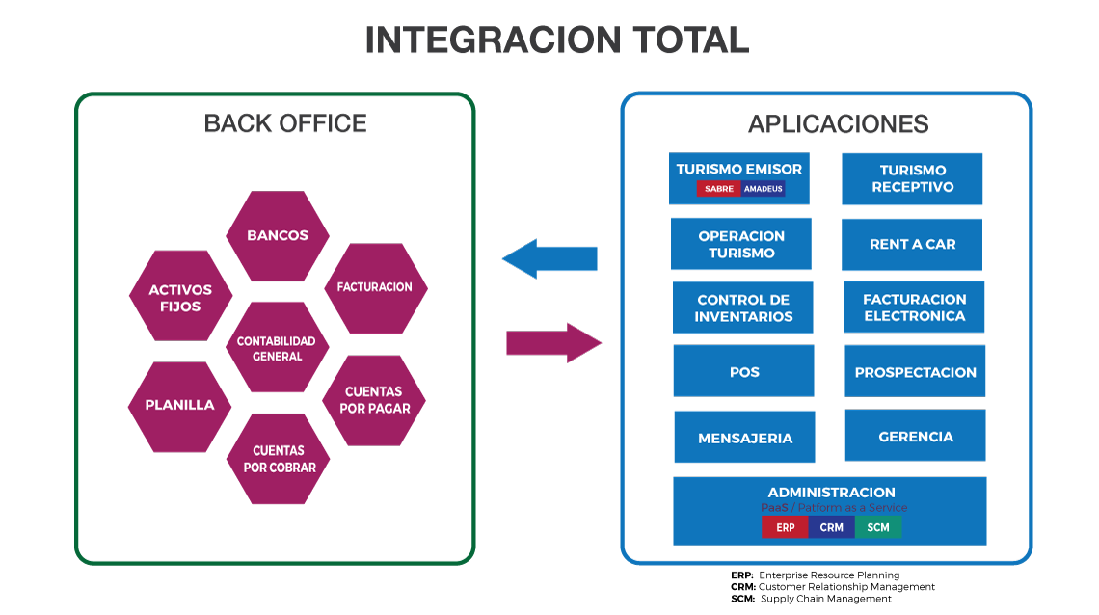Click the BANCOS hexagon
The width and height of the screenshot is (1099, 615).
click(x=278, y=236)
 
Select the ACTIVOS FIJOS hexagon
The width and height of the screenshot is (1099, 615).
click(x=181, y=296)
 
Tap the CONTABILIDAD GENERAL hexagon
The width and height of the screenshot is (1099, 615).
click(x=278, y=347)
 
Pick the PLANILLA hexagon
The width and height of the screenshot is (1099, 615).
click(x=180, y=407)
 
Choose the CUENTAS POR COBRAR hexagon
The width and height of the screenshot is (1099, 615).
click(x=279, y=459)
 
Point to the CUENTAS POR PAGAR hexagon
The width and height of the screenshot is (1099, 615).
click(x=374, y=401)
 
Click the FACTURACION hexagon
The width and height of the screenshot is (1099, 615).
click(x=376, y=288)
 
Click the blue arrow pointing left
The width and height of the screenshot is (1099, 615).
click(x=549, y=258)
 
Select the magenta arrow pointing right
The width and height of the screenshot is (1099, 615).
click(x=553, y=343)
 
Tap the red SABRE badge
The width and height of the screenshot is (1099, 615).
click(x=718, y=188)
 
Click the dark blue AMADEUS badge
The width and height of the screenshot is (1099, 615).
click(x=763, y=188)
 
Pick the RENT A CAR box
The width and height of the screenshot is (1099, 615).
click(x=912, y=245)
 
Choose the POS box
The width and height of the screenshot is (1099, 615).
click(x=743, y=370)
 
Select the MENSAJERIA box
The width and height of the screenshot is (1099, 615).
click(x=744, y=437)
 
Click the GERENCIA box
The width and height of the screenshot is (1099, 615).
click(x=916, y=435)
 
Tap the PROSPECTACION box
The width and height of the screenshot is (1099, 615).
click(x=915, y=371)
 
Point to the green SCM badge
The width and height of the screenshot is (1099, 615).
click(x=877, y=527)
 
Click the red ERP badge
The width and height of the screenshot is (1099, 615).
click(x=785, y=527)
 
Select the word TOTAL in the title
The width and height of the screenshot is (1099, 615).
click(x=691, y=40)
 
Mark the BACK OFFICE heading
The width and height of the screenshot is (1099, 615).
click(x=285, y=123)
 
